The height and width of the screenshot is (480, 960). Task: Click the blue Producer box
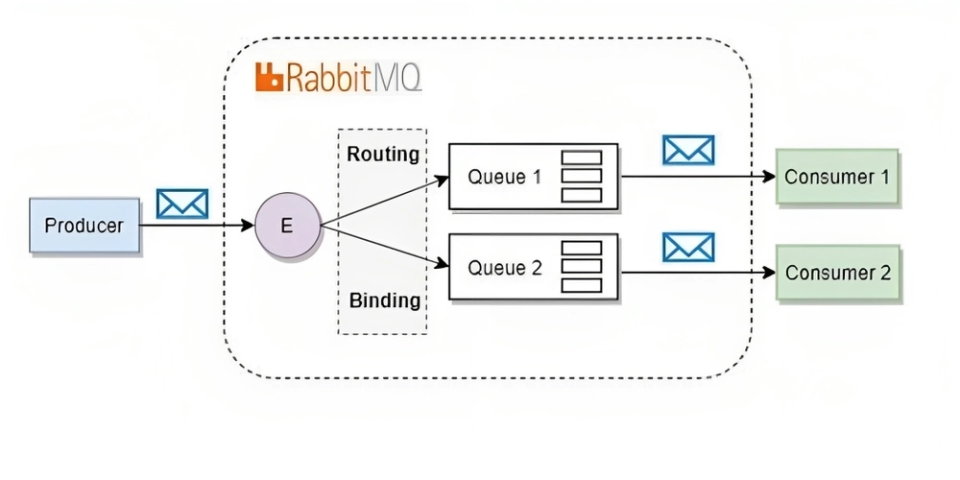(x=84, y=226)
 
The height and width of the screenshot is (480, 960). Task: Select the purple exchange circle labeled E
(x=288, y=226)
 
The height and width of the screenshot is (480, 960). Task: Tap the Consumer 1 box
(x=837, y=177)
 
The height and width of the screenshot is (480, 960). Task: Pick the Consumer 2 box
(x=838, y=273)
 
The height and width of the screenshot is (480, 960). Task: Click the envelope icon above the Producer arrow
(x=182, y=204)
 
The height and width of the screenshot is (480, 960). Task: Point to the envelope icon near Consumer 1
(x=688, y=150)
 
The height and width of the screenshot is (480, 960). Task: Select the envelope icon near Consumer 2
(x=688, y=248)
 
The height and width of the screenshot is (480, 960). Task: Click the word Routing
(x=383, y=155)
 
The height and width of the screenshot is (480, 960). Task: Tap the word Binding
(x=385, y=300)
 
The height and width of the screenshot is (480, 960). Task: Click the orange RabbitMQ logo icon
(x=270, y=77)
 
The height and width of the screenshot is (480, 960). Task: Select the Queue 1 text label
(x=505, y=177)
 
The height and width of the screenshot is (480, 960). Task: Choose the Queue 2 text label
(x=505, y=268)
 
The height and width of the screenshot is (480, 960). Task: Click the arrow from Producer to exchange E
(x=197, y=226)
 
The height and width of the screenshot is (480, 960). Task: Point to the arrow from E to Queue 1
(x=385, y=202)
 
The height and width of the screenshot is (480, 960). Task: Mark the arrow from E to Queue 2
(x=385, y=246)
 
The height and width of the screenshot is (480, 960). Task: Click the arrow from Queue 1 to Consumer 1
(x=697, y=177)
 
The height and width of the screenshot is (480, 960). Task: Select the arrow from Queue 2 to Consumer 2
(x=697, y=273)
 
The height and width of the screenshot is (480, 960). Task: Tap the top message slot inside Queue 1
(x=582, y=157)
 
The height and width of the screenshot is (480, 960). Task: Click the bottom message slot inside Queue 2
(x=582, y=285)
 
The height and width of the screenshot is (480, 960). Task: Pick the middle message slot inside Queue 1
(x=582, y=177)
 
